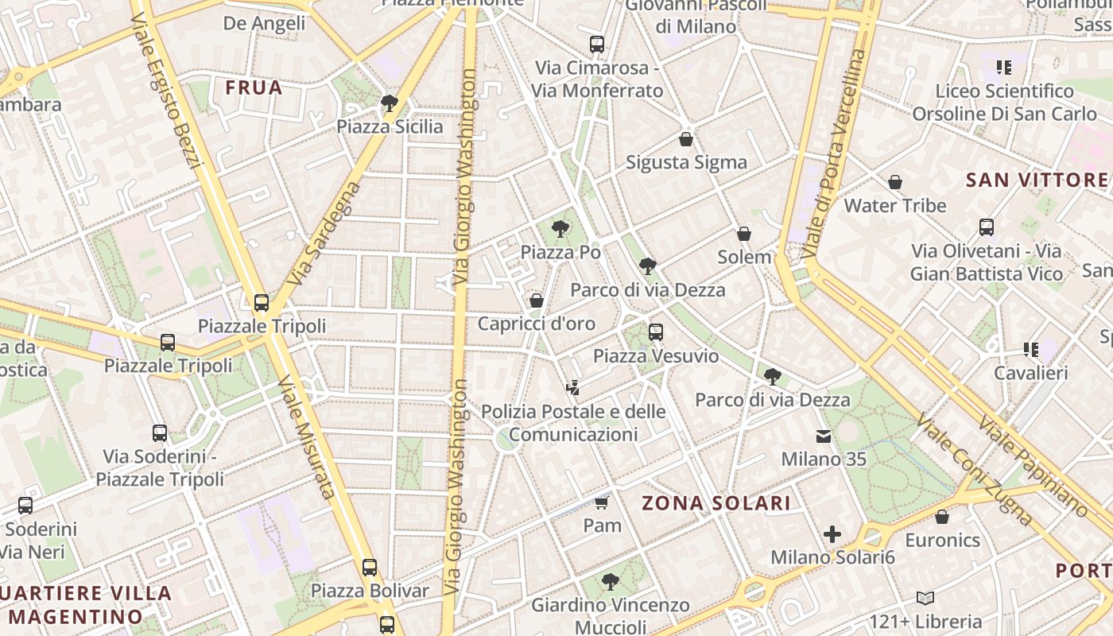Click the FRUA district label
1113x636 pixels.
click(254, 87)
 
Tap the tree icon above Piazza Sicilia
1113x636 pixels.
click(389, 103)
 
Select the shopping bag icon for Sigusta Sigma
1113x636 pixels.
click(686, 139)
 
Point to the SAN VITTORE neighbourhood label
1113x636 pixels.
click(1037, 180)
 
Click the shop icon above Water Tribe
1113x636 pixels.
click(895, 182)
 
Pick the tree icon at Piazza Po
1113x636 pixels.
click(560, 229)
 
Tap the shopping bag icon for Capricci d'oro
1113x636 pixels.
click(537, 301)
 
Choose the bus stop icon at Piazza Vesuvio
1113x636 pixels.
click(656, 332)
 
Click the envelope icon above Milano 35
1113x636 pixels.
click(824, 436)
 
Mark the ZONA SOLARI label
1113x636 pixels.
click(716, 502)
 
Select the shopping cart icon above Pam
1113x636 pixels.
click(602, 502)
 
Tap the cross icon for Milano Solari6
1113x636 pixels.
click(832, 534)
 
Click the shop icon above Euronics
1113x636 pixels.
click(942, 517)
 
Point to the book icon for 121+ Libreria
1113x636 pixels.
click(925, 598)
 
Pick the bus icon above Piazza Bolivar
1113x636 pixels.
click(370, 568)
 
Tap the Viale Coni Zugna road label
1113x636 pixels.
click(973, 468)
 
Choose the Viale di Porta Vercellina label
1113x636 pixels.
click(833, 155)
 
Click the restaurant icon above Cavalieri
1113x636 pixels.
click(1031, 349)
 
